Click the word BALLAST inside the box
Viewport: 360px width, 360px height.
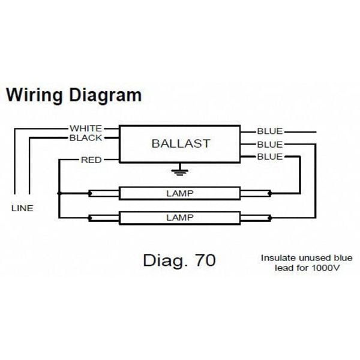[x=179, y=144]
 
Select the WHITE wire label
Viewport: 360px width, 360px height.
[x=86, y=128]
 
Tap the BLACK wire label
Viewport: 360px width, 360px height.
[x=86, y=138]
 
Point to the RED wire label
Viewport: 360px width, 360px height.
[x=91, y=160]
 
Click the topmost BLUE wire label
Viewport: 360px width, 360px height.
[x=270, y=131]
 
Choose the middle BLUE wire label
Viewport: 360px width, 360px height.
[x=270, y=145]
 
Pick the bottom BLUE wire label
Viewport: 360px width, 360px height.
[x=270, y=157]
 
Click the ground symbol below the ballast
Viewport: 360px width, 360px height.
[x=178, y=172]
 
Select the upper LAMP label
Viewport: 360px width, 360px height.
[x=180, y=194]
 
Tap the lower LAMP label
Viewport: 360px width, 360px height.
[x=180, y=217]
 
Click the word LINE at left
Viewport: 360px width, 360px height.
[x=22, y=209]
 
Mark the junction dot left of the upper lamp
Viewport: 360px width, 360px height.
[x=59, y=194]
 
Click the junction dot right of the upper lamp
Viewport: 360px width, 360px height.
[x=271, y=194]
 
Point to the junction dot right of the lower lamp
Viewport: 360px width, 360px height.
[x=271, y=217]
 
